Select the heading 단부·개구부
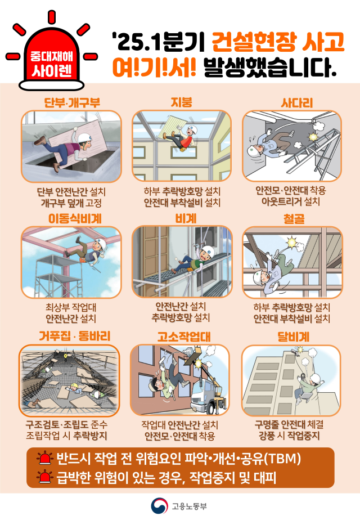pos(71,102)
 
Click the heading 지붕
pos(181,102)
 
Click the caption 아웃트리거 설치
pos(291,201)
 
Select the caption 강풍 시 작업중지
pos(291,435)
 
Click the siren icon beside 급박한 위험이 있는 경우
pos(42,478)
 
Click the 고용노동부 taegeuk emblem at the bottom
pos(159,505)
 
